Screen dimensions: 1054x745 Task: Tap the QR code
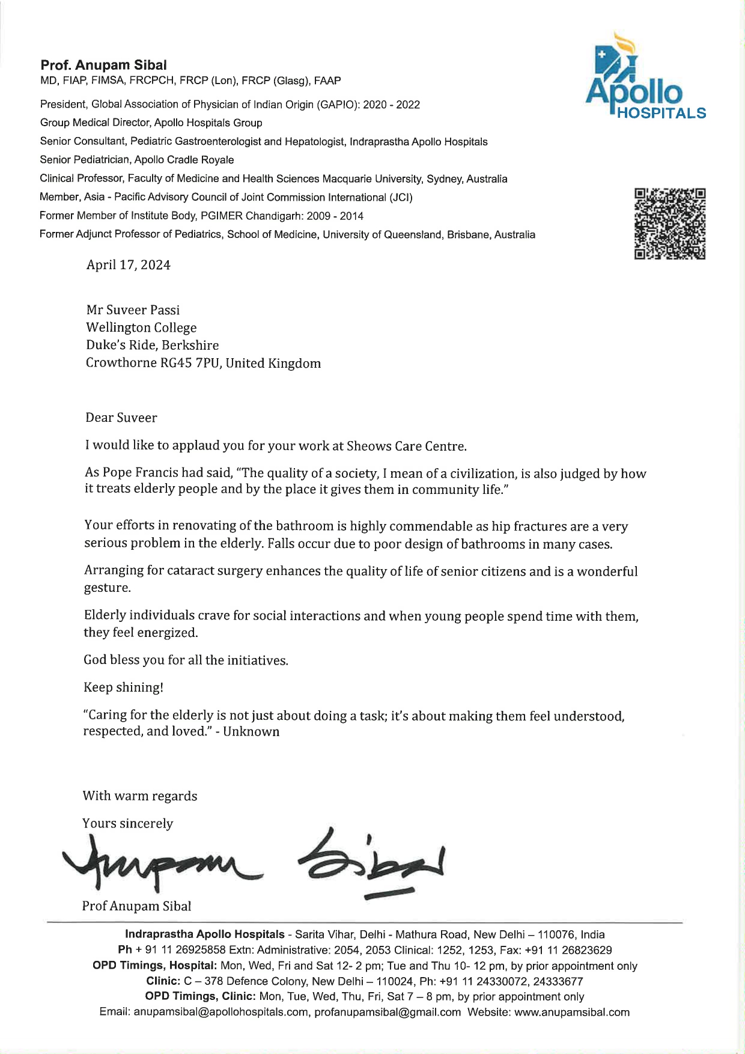point(669,224)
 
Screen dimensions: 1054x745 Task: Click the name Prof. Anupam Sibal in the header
point(103,65)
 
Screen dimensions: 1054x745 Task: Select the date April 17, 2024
point(128,265)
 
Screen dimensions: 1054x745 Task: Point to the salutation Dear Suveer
point(121,418)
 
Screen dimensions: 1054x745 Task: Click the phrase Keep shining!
point(123,687)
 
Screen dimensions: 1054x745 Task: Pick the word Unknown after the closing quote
point(251,731)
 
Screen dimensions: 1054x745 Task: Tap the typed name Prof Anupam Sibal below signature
point(136,906)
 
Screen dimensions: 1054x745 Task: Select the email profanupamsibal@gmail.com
point(388,1012)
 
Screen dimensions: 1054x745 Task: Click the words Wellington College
point(141,327)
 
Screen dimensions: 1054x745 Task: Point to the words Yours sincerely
point(127,823)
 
